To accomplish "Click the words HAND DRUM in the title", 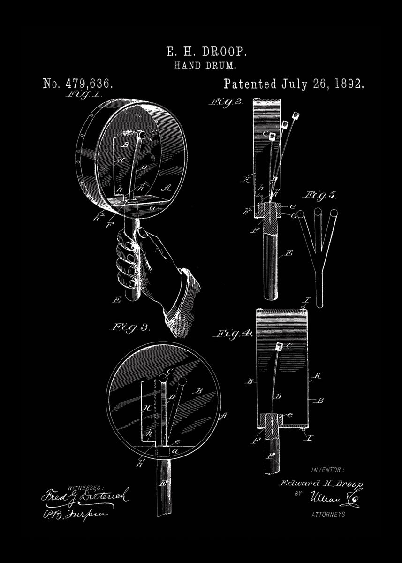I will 202,66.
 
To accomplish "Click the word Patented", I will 250,84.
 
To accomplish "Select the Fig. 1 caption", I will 83,94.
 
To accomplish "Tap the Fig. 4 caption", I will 233,334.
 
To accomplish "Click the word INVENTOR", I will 327,470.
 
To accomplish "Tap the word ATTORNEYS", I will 328,514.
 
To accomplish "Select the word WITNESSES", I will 87,487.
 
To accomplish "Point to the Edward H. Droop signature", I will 321,484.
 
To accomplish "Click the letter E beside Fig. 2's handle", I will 289,253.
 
